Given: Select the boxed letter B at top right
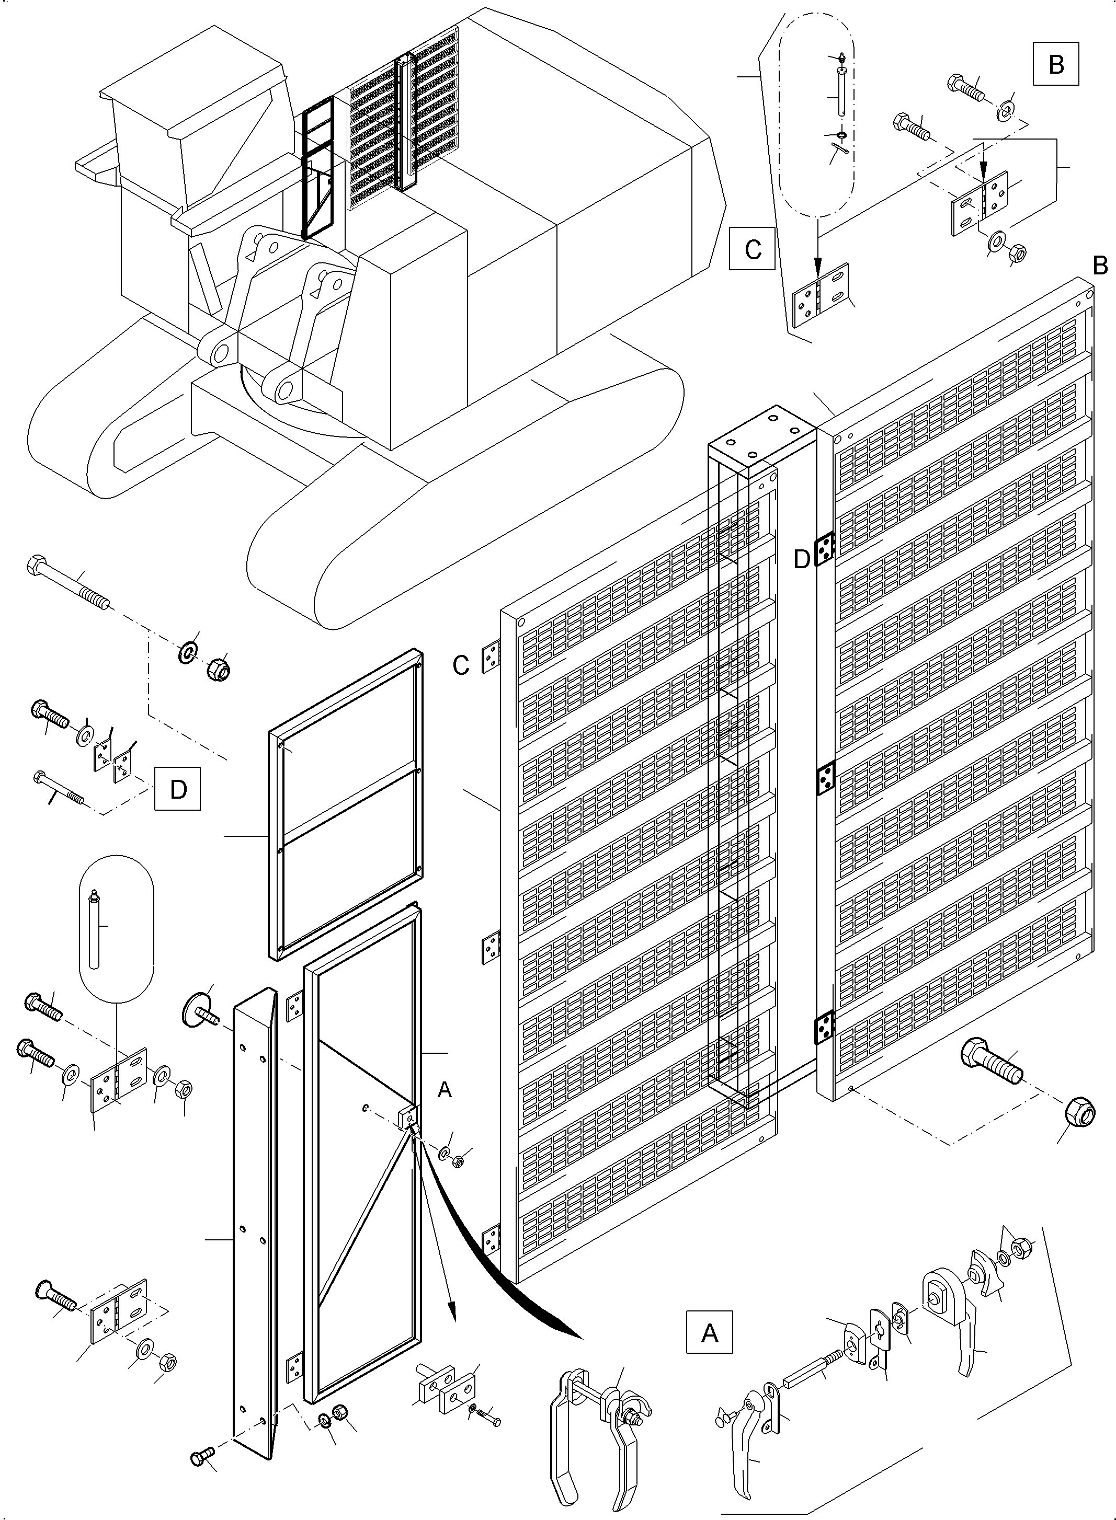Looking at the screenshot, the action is pyautogui.click(x=1056, y=64).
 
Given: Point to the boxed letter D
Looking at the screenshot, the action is pyautogui.click(x=178, y=789).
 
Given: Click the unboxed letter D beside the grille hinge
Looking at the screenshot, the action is pyautogui.click(x=802, y=559).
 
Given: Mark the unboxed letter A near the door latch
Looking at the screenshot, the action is pyautogui.click(x=445, y=1089).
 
